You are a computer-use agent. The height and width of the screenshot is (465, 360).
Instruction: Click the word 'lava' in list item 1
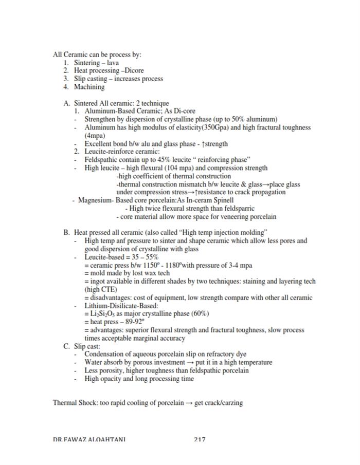coord(113,63)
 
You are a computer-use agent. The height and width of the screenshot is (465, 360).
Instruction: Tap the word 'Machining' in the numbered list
coord(89,87)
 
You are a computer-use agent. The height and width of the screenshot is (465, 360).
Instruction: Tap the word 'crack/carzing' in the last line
coord(224,402)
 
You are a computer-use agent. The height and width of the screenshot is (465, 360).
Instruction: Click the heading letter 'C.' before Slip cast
coord(67,346)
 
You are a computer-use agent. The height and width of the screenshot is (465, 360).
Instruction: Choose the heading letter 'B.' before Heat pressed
coord(67,233)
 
